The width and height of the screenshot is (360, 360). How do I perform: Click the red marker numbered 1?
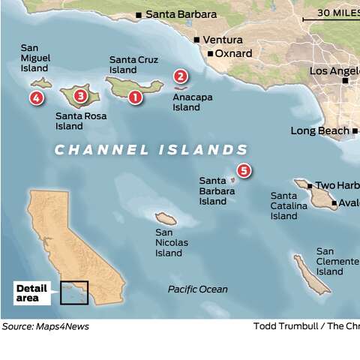(135, 96)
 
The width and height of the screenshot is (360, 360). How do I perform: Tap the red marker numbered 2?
(180, 76)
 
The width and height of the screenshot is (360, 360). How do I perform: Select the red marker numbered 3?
(80, 95)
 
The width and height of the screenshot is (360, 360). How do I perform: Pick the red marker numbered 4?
(36, 97)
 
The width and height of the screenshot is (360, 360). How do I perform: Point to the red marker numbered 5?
(244, 171)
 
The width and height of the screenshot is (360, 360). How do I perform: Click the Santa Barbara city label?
(181, 14)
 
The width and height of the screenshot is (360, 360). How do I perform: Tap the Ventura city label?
(223, 40)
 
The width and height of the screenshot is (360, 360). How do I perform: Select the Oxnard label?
(233, 54)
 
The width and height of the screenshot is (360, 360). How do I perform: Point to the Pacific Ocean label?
(198, 289)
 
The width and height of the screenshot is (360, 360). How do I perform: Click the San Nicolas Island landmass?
(166, 219)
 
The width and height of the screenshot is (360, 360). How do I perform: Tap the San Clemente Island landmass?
(311, 274)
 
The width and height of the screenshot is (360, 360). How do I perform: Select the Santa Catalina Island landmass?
(314, 194)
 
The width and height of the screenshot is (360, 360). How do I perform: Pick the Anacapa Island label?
(187, 102)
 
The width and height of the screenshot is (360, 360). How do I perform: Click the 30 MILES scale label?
(337, 13)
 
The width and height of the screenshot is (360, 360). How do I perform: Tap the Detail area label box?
(31, 293)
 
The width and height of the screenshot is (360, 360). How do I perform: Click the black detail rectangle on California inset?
(74, 292)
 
